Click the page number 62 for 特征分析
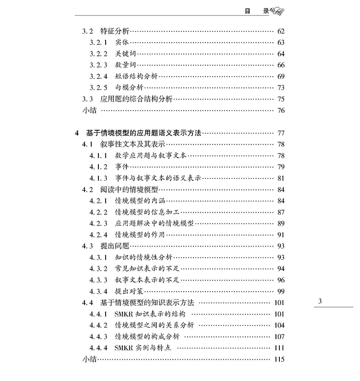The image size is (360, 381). click(281, 31)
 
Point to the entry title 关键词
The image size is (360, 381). click(126, 54)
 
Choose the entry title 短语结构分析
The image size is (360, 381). click(136, 76)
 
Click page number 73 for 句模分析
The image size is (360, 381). click(281, 87)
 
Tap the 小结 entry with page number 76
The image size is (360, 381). click(89, 111)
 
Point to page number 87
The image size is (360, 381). click(281, 212)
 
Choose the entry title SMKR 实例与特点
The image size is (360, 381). click(143, 348)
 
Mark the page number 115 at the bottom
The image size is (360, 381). click(279, 359)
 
